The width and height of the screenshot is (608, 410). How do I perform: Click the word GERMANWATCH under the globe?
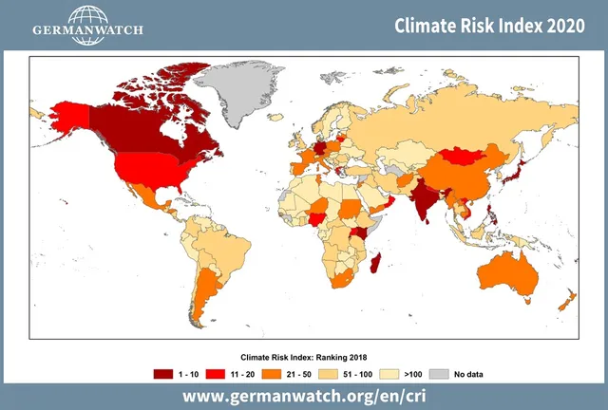pyautogui.click(x=87, y=29)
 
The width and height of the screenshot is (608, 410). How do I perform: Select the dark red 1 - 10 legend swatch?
pyautogui.click(x=163, y=374)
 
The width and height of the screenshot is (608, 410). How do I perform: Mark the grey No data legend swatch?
pyautogui.click(x=438, y=374)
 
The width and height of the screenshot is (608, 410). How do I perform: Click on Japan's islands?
pyautogui.click(x=518, y=171)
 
